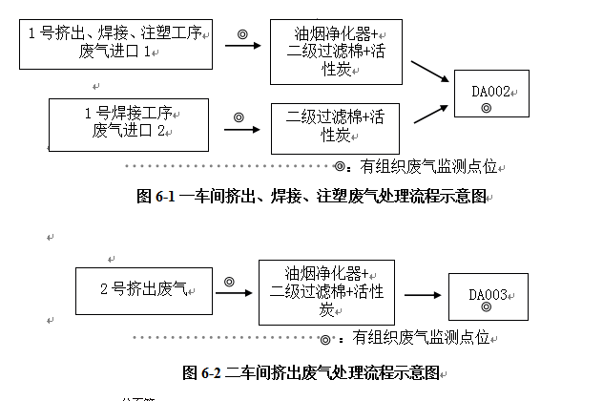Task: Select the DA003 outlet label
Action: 488,294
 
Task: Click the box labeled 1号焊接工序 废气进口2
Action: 129,121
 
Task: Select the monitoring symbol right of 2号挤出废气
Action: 229,281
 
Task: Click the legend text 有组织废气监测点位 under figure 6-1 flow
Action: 429,167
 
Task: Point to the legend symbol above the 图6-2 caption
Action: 325,339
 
